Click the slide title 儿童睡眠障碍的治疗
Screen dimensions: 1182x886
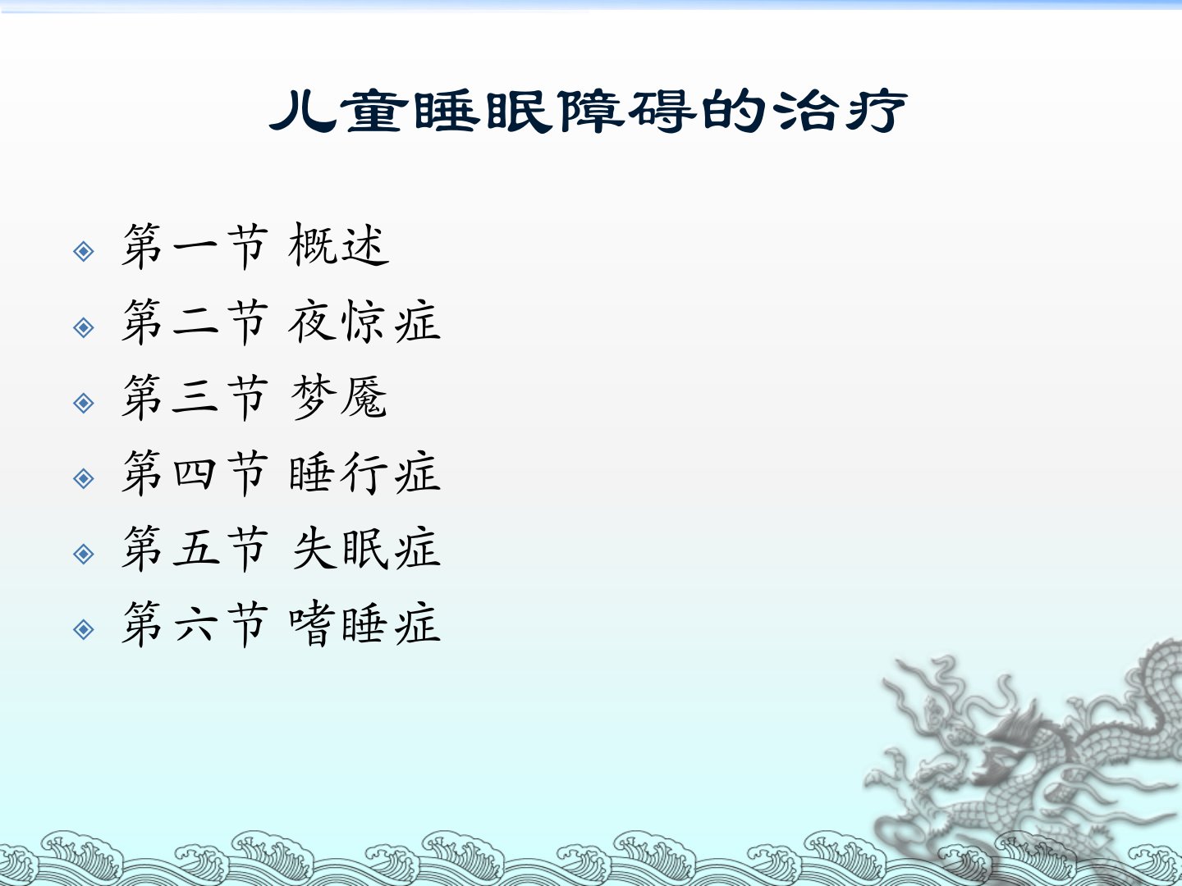(x=588, y=112)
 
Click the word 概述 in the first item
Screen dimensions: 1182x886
(x=339, y=245)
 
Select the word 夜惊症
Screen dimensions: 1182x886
(x=364, y=322)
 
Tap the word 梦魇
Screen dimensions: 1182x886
(x=339, y=397)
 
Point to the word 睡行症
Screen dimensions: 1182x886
(x=364, y=473)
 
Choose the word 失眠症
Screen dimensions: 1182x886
(x=366, y=548)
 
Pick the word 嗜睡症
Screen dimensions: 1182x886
(x=364, y=624)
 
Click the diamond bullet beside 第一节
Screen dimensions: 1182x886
(x=84, y=251)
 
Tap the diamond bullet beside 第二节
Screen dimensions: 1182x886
(x=84, y=327)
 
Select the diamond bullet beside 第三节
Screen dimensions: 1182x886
(x=84, y=403)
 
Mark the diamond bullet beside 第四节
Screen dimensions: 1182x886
(x=84, y=479)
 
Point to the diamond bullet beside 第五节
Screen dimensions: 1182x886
(x=84, y=554)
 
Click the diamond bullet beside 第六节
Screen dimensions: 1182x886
(x=84, y=629)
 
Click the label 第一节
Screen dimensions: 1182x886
(x=195, y=246)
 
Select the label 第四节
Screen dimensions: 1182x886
(x=195, y=473)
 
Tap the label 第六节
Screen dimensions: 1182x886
(x=195, y=624)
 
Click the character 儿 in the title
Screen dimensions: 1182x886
(x=303, y=112)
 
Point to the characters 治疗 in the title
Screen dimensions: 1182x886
(x=840, y=112)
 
